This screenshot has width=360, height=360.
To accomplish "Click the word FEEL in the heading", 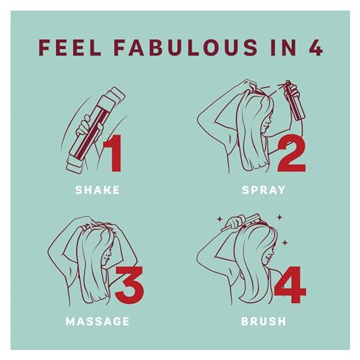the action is pyautogui.click(x=70, y=48).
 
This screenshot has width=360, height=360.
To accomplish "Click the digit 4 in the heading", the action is pyautogui.click(x=315, y=48).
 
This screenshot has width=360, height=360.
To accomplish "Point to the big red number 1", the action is pyautogui.click(x=113, y=153).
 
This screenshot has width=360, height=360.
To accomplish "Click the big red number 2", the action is pyautogui.click(x=292, y=154).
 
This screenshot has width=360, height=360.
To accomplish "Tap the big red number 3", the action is pyautogui.click(x=130, y=285).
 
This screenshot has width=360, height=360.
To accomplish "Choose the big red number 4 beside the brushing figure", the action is pyautogui.click(x=290, y=285).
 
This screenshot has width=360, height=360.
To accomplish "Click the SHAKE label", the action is pyautogui.click(x=97, y=190).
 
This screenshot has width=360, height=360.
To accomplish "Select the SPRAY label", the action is pyautogui.click(x=264, y=190).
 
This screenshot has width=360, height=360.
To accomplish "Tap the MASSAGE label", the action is pyautogui.click(x=97, y=321).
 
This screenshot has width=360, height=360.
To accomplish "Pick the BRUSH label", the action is pyautogui.click(x=264, y=321).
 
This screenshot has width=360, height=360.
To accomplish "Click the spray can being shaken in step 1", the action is pyautogui.click(x=96, y=130).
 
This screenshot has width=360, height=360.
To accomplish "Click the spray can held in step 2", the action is pyautogui.click(x=294, y=101).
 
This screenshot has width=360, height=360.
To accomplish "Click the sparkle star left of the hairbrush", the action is pyautogui.click(x=219, y=219).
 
